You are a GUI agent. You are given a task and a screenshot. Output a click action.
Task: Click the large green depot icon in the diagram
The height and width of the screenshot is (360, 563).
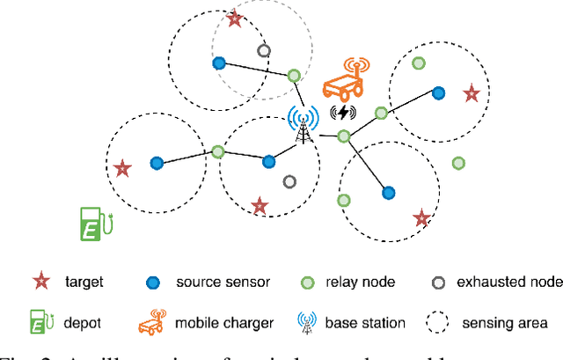pyautogui.click(x=91, y=223)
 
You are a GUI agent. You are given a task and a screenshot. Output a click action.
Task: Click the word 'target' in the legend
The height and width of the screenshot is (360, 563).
pyautogui.click(x=84, y=283)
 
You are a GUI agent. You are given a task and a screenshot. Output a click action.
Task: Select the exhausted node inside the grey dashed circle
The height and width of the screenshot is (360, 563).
pyautogui.click(x=263, y=51)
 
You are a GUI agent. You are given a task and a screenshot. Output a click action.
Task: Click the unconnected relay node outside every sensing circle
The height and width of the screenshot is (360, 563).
pyautogui.click(x=458, y=163)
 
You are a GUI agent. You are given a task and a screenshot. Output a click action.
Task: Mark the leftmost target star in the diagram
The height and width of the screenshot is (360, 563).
pyautogui.click(x=122, y=167)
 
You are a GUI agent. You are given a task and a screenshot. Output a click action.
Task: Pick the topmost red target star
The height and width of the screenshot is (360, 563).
pyautogui.click(x=234, y=18)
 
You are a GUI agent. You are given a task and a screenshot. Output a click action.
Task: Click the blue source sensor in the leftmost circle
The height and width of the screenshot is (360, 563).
pyautogui.click(x=157, y=163)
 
